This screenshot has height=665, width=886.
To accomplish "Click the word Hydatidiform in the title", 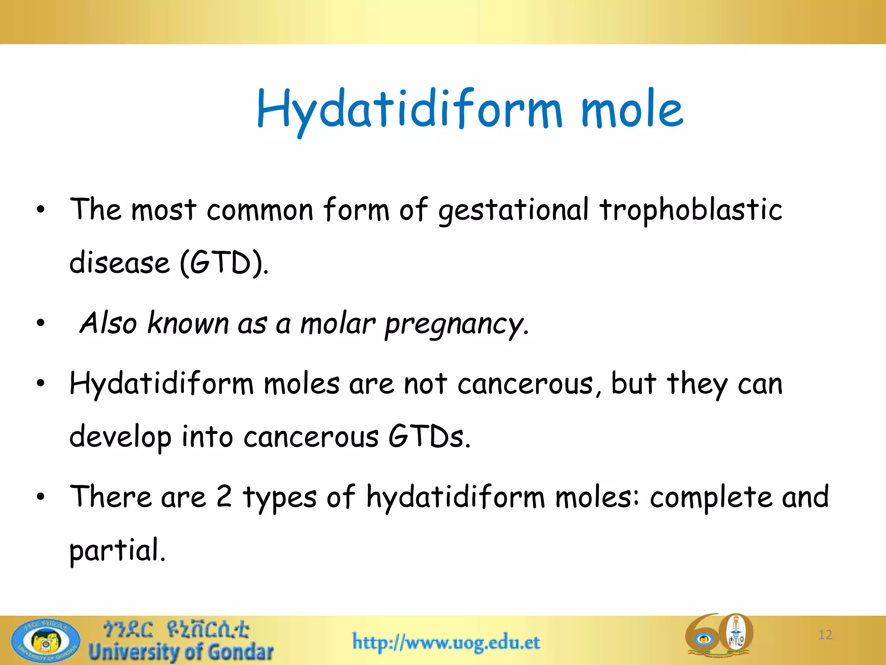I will [409, 109].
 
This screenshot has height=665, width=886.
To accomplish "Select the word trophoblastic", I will [690, 210].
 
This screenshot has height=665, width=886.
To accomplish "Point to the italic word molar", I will [337, 324].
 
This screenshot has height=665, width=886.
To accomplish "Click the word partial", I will [117, 551].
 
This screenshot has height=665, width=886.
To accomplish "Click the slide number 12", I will [825, 635].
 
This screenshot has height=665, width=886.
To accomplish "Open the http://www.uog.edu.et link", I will [446, 642].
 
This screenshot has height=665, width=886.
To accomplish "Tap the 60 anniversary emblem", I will [719, 635].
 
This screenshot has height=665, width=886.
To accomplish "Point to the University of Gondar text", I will [181, 652].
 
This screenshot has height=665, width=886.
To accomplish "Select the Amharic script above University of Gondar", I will [176, 629].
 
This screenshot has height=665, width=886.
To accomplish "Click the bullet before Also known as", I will [41, 323].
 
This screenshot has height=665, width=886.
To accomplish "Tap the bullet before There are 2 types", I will [41, 497].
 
